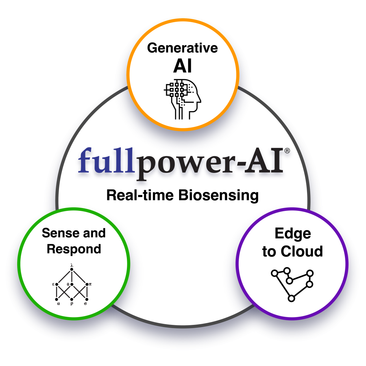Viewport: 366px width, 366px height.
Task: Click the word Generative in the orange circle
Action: click(183, 48)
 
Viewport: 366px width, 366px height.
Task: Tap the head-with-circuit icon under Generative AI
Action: click(182, 98)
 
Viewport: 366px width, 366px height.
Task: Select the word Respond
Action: click(74, 249)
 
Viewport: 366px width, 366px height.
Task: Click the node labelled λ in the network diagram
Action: click(72, 269)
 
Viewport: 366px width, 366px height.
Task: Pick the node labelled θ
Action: click(72, 285)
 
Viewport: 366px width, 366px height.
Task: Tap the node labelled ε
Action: click(56, 285)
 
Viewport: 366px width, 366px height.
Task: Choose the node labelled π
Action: click(87, 285)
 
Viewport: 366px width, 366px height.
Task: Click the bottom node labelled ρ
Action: click(72, 299)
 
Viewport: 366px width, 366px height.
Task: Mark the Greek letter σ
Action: click(85, 304)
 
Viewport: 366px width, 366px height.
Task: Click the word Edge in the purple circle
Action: click(292, 234)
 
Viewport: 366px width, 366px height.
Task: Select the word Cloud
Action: click(302, 251)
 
